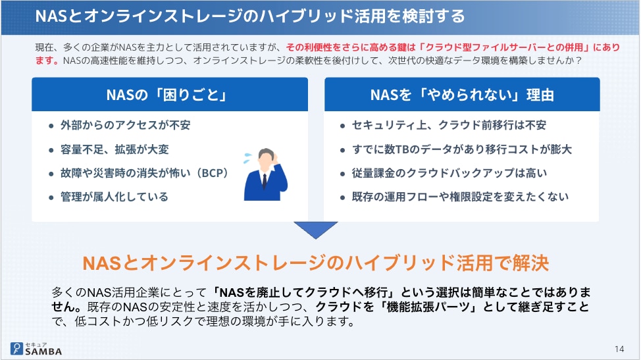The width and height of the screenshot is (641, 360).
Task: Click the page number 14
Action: tap(619, 349)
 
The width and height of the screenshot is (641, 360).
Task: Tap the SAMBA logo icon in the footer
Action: tap(16, 349)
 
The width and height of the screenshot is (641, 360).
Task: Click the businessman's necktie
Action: tap(265, 181)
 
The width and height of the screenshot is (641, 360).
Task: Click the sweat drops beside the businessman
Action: tap(247, 158)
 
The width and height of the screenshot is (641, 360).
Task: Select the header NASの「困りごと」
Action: tap(167, 95)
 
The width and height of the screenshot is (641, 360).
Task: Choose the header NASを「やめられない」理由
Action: tap(462, 95)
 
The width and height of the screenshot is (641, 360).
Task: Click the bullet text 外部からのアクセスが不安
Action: tap(126, 125)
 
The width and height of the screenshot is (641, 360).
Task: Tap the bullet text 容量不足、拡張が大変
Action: tap(115, 149)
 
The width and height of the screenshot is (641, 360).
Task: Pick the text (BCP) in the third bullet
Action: tap(212, 173)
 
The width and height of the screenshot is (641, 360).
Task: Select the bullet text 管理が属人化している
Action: tap(115, 197)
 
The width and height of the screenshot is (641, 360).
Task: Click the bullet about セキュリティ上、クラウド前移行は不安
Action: tap(449, 125)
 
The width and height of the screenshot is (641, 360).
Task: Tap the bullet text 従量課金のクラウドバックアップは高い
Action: tap(449, 173)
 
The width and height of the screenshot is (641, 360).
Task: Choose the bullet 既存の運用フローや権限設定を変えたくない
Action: tap(460, 197)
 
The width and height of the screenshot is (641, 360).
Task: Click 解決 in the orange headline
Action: tap(530, 263)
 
